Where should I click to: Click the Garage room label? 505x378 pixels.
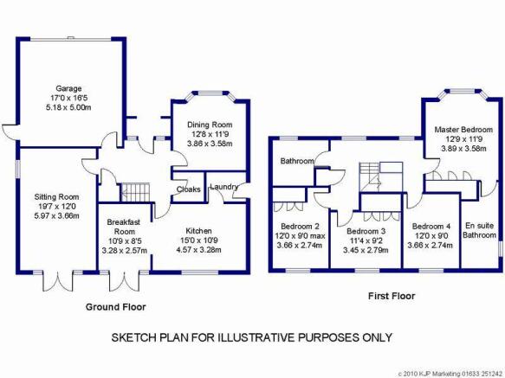point(68,88)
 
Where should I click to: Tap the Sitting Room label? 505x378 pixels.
point(56,197)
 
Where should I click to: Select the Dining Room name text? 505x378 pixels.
point(210,125)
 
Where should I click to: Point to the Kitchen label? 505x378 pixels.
point(198,231)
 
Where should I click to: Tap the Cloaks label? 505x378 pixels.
point(189,189)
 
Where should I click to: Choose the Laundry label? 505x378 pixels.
point(224,187)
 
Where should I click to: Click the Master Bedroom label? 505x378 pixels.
point(463,130)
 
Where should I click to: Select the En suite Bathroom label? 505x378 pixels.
point(479,230)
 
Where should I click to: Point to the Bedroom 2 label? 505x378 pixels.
point(300,227)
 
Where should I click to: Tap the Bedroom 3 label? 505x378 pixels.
point(366,231)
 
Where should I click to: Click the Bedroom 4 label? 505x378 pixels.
point(431,227)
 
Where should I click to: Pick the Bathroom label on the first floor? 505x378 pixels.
point(297,161)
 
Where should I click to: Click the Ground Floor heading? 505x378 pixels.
point(115,307)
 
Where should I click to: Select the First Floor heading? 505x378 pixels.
point(392,296)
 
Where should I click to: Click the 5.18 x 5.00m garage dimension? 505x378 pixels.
point(68,107)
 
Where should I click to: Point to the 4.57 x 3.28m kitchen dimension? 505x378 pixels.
point(198,250)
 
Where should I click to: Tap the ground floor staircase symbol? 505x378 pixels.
point(135,192)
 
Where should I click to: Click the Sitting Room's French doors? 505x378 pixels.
point(58,280)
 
